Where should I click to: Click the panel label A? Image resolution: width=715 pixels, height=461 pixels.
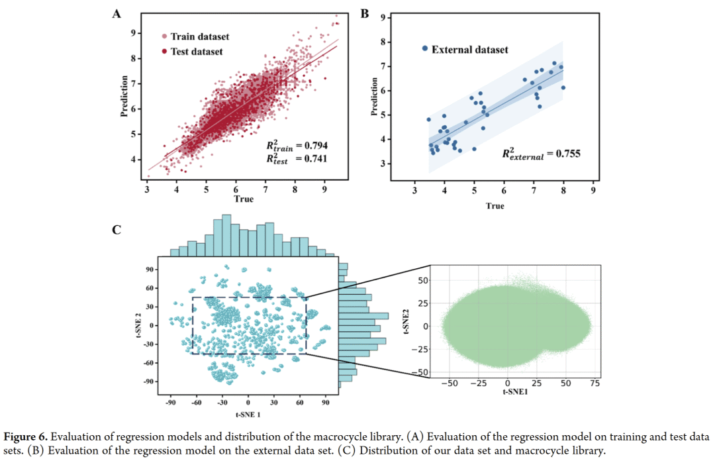[117, 13]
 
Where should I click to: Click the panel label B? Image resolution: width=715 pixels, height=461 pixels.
[364, 13]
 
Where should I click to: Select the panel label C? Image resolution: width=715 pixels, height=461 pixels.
[117, 230]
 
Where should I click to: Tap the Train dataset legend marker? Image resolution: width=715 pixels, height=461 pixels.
[164, 36]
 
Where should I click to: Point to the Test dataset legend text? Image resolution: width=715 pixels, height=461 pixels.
[197, 51]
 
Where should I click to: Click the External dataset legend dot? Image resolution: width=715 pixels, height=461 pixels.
[425, 49]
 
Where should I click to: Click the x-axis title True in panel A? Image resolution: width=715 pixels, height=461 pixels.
[242, 199]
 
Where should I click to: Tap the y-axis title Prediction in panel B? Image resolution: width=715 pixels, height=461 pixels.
[375, 97]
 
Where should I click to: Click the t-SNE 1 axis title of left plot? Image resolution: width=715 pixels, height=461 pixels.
[247, 414]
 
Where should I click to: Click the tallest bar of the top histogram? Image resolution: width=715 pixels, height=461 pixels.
[226, 234]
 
